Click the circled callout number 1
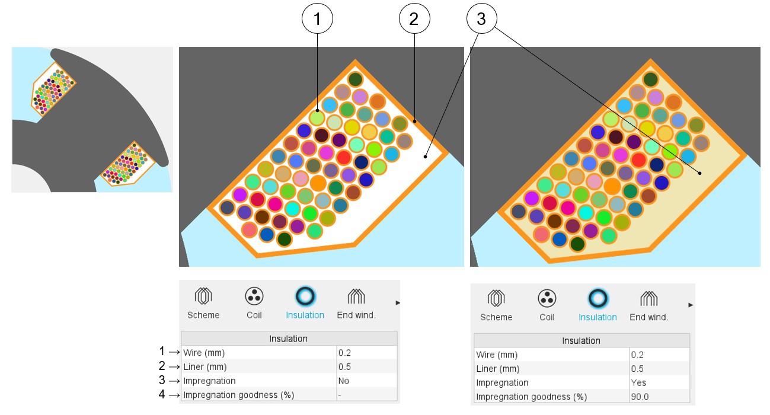point(317,20)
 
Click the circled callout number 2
point(414,20)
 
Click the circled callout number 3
point(481,20)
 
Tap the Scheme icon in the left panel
point(203,296)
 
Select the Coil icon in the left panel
point(254,296)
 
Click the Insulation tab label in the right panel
point(598,317)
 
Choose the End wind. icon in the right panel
point(648,298)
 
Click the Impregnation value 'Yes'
point(639,383)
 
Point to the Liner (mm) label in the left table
point(205,366)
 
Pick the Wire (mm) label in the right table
point(497,355)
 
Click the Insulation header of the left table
point(289,339)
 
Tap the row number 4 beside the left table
point(162,394)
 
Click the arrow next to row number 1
point(174,352)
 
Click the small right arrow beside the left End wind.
point(398,303)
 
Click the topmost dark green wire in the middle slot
point(355,79)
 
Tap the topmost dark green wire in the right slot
point(650,79)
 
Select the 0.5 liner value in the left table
point(344,366)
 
